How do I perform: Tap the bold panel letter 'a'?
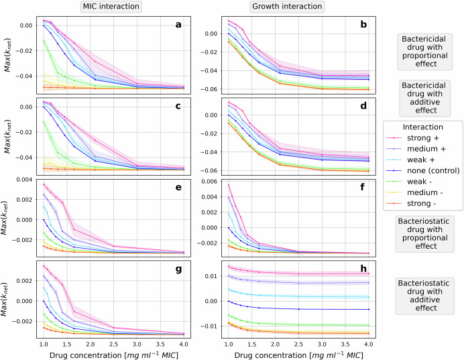pyautogui.click(x=179, y=25)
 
